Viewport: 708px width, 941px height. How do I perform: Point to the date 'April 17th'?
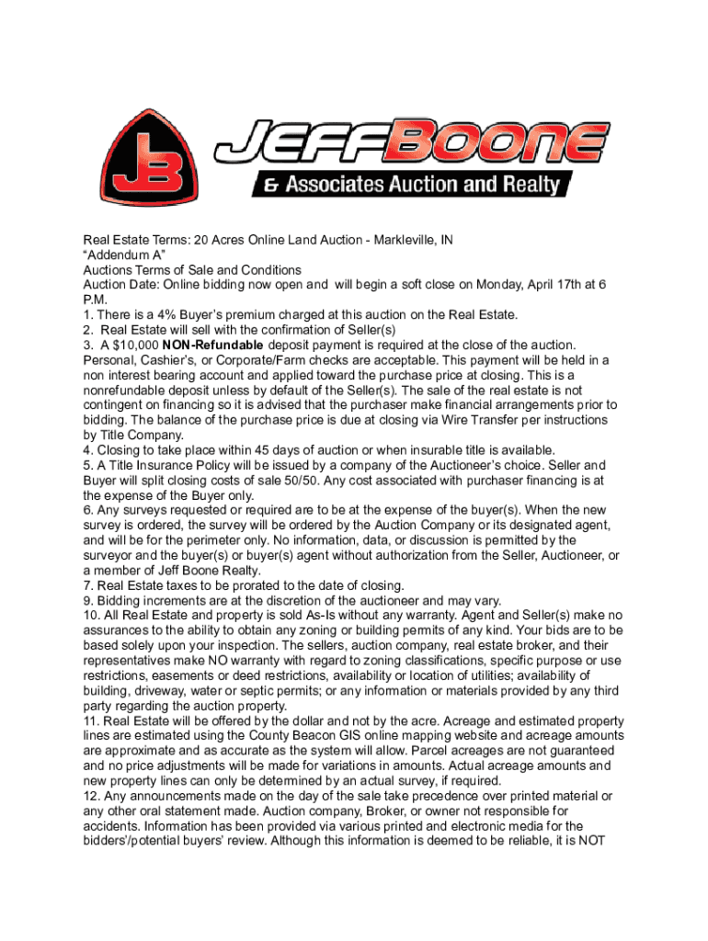[x=533, y=285]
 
